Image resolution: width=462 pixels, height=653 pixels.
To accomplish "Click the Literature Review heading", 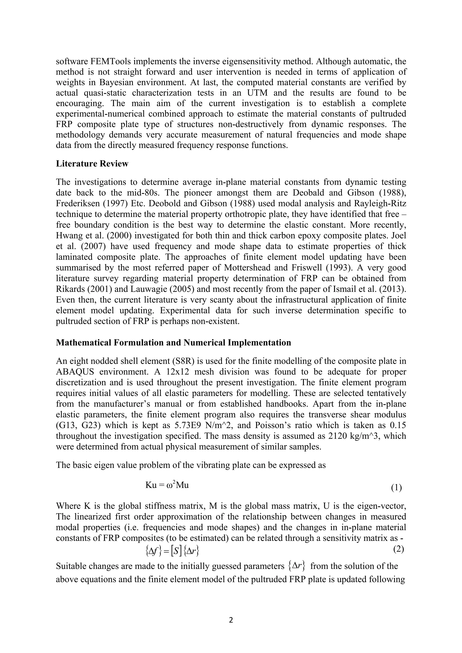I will [92, 164].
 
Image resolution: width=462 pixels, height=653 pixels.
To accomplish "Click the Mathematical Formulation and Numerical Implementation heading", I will [173, 342].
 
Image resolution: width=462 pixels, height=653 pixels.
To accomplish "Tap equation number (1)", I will [396, 488].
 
